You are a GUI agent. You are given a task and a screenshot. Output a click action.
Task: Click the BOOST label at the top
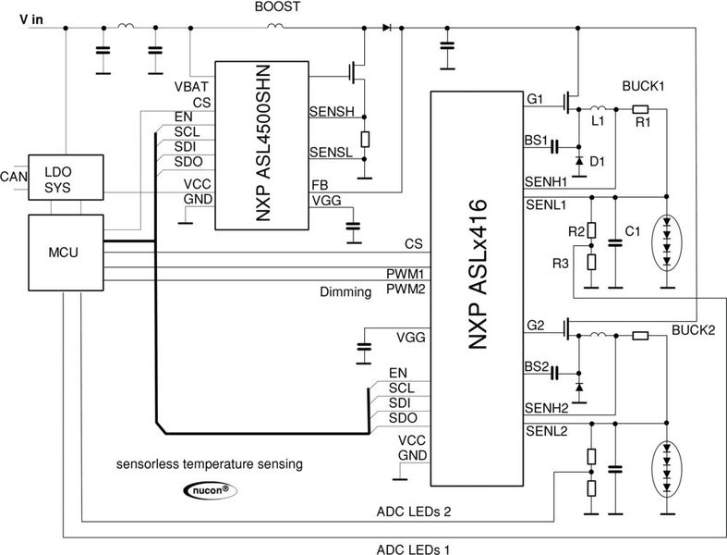(274, 8)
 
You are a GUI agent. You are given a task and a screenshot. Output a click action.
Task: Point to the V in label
(33, 18)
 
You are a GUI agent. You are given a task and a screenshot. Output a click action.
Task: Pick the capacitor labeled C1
(613, 242)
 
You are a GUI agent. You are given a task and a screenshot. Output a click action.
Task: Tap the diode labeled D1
(578, 161)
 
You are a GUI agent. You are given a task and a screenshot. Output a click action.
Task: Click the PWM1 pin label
(404, 275)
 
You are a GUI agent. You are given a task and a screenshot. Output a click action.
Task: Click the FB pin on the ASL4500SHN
(320, 186)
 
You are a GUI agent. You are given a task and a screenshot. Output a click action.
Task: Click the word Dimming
(345, 291)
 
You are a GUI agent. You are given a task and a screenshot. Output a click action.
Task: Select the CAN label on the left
(12, 176)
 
